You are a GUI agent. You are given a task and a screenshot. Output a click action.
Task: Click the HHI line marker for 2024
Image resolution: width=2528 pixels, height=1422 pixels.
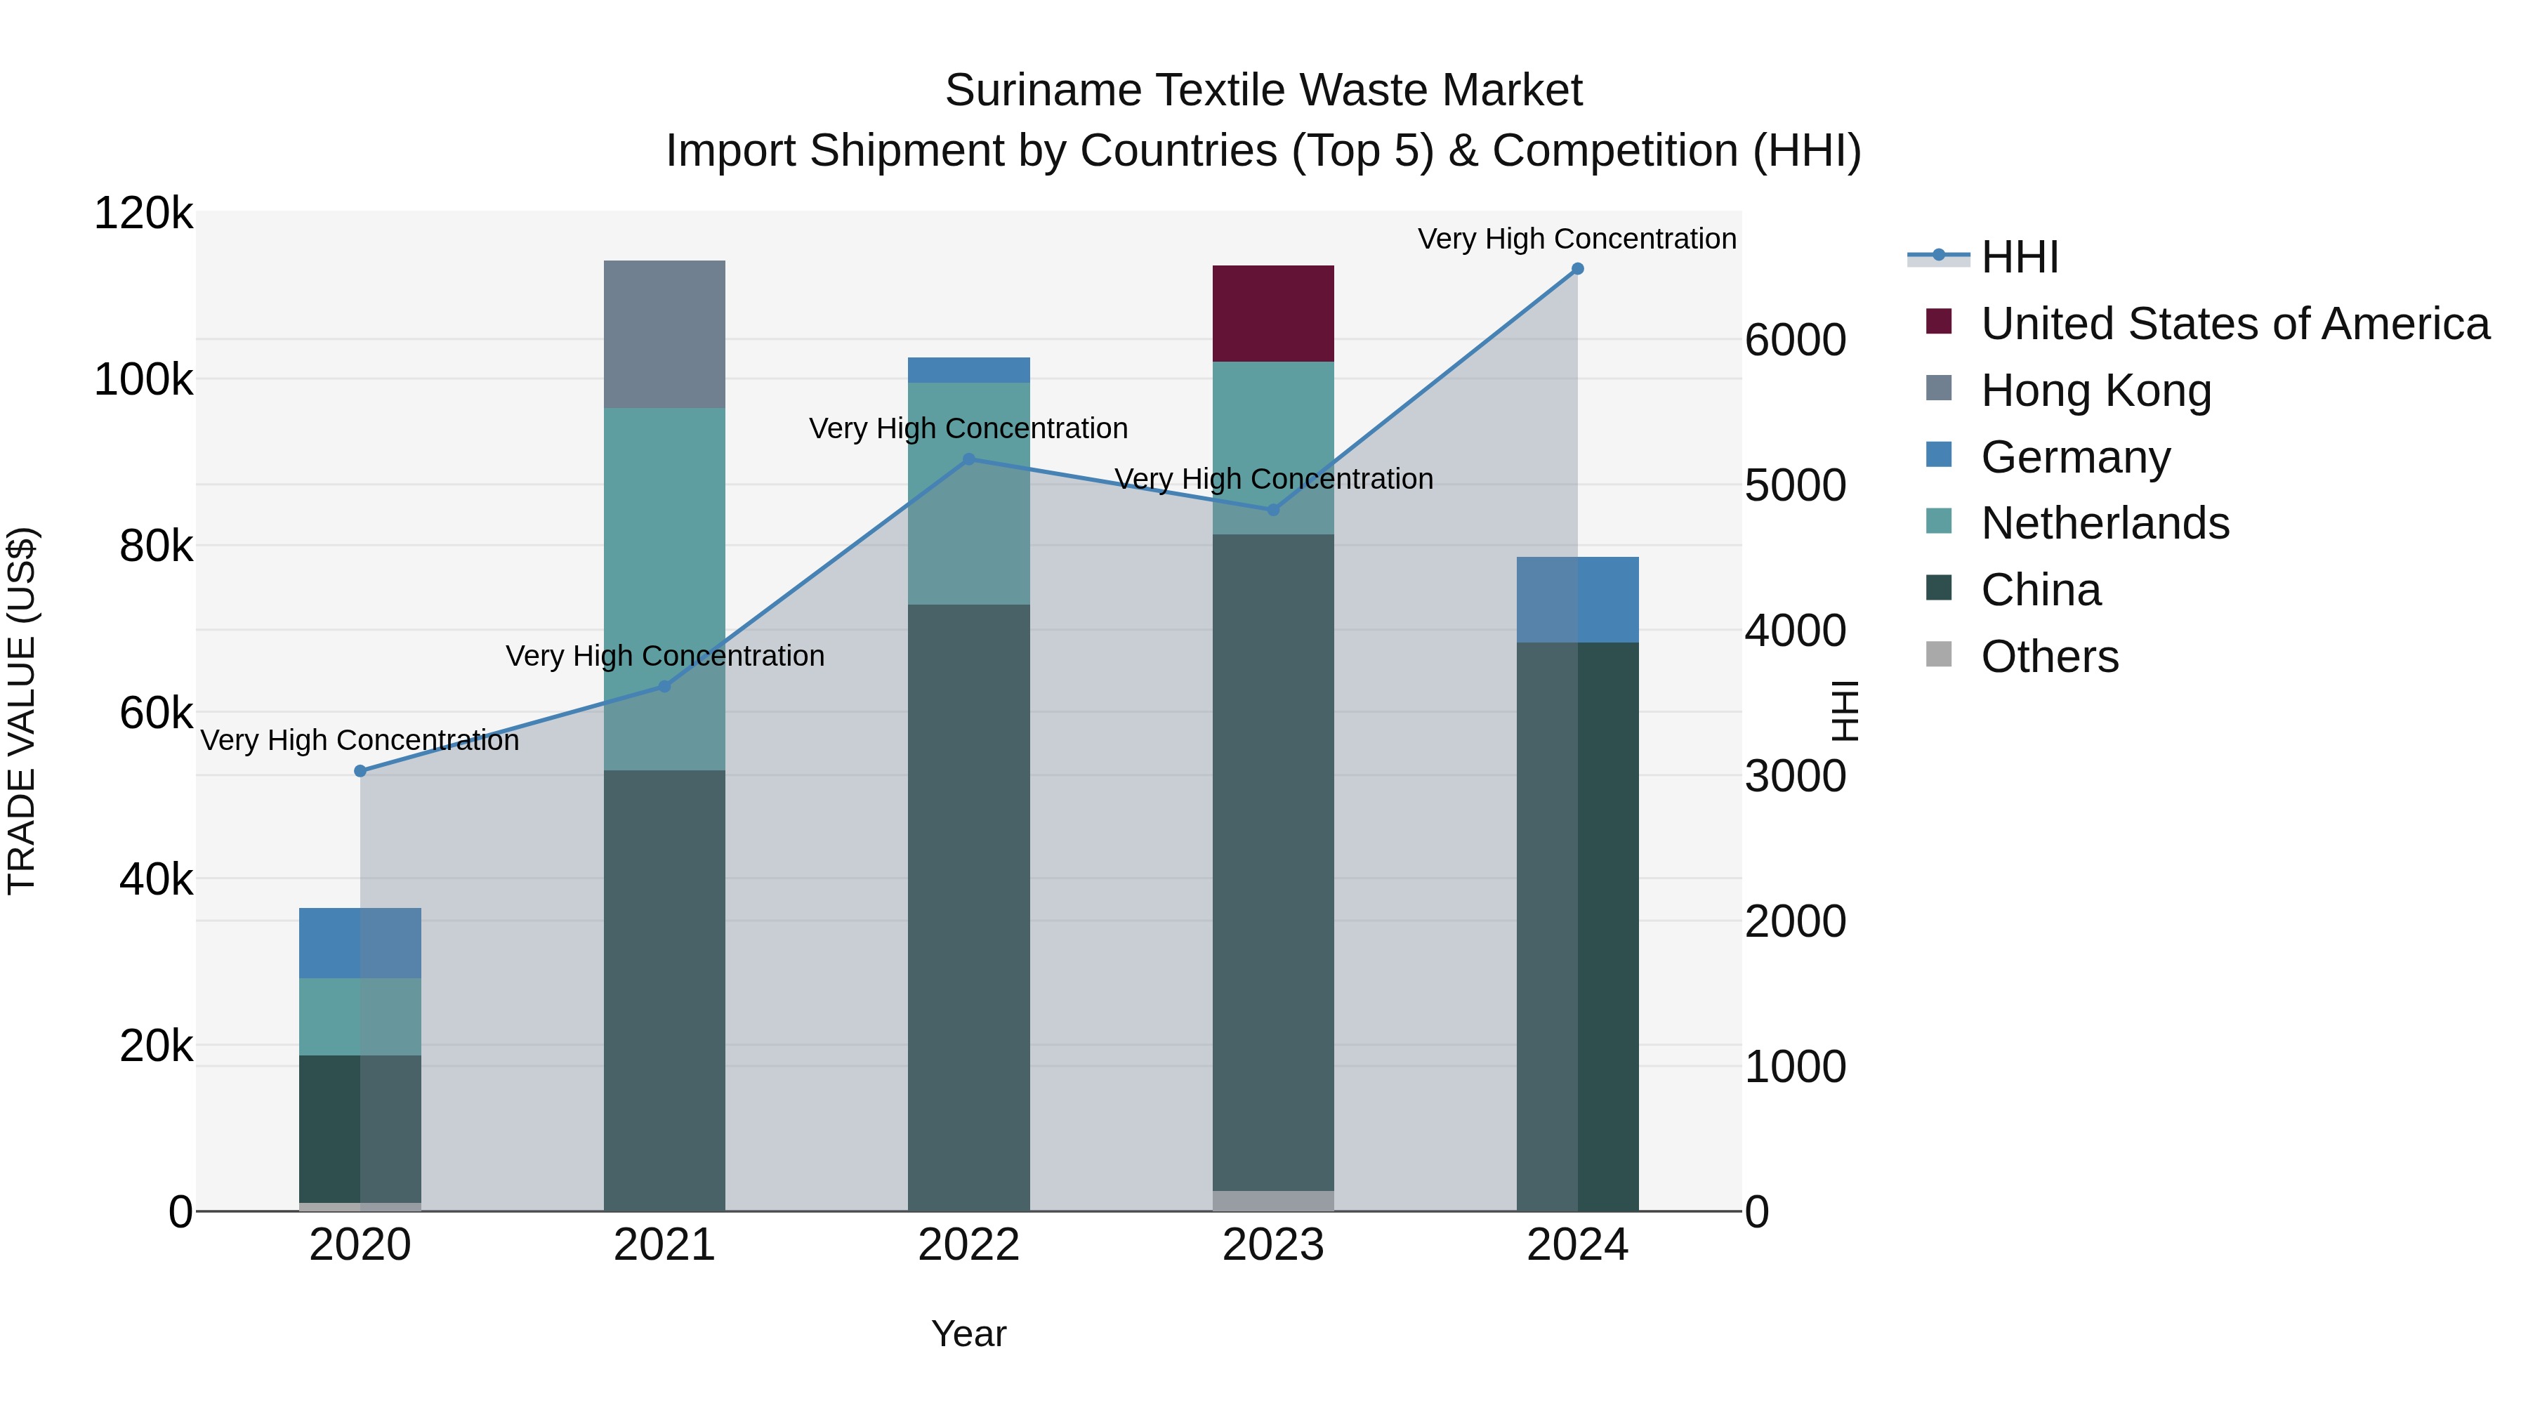point(1577,269)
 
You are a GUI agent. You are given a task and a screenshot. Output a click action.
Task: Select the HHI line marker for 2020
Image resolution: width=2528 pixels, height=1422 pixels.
point(360,771)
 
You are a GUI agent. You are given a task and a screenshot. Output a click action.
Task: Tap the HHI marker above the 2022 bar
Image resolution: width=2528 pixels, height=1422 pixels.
point(968,459)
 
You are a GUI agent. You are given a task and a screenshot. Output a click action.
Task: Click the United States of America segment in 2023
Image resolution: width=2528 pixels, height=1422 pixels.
point(1273,314)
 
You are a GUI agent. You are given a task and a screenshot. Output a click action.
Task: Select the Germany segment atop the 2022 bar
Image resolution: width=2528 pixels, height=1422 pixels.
point(968,370)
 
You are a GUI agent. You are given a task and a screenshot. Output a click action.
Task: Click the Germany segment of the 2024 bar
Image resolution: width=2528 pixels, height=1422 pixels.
point(1577,600)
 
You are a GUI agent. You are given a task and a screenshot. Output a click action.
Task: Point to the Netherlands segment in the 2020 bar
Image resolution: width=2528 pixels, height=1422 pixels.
point(360,1017)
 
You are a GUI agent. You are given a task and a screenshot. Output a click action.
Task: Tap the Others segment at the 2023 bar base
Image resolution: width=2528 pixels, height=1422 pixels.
point(1273,1200)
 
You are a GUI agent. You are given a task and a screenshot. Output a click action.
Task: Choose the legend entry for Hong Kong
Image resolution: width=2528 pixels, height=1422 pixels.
point(2095,390)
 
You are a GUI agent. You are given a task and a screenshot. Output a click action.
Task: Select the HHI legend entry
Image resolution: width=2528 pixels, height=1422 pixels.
point(2019,257)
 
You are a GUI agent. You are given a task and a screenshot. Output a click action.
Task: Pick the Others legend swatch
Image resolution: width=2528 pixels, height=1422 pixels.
point(1939,654)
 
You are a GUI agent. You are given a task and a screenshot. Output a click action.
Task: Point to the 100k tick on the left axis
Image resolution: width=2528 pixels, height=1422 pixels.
point(143,380)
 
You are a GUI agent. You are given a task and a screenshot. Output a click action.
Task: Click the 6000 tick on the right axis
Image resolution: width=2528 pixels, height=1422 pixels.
point(1795,341)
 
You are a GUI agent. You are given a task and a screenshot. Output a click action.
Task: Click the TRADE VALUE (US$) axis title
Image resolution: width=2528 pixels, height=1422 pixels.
point(22,711)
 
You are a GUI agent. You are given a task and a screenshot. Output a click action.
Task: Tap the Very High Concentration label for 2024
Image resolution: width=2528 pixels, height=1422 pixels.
point(1577,239)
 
